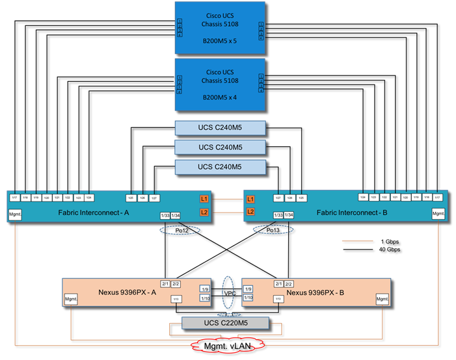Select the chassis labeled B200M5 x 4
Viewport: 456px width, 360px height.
click(221, 85)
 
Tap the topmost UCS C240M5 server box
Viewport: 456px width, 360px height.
click(221, 128)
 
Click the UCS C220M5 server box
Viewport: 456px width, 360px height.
click(224, 323)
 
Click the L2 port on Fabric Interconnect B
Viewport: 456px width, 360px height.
click(251, 212)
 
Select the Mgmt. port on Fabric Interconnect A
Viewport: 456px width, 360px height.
click(14, 215)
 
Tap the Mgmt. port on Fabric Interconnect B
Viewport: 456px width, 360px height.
click(439, 215)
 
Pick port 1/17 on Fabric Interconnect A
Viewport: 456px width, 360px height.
click(14, 198)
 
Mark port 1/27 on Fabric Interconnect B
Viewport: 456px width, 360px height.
click(277, 198)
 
